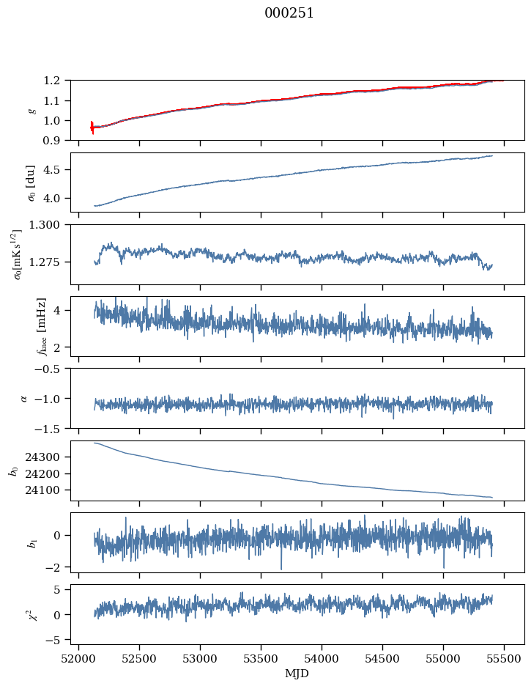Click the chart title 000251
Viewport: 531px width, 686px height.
[x=289, y=13]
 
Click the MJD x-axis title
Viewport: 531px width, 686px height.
[x=297, y=674]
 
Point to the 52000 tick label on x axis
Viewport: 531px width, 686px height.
[x=78, y=659]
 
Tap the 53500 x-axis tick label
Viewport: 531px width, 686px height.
[x=261, y=659]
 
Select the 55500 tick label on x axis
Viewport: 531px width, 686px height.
[x=504, y=659]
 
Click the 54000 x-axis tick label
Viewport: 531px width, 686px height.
[x=322, y=659]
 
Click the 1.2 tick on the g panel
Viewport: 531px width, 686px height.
[x=51, y=81]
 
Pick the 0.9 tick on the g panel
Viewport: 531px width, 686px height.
[x=51, y=141]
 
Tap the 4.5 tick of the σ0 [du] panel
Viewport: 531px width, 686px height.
[x=51, y=170]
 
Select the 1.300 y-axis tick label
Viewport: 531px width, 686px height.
[x=44, y=224]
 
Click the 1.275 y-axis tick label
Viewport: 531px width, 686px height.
[x=44, y=262]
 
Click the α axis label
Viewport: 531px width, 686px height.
[x=23, y=398]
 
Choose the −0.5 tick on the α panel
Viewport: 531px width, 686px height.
[x=48, y=369]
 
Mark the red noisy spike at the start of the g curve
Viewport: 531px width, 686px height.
[x=92, y=128]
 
